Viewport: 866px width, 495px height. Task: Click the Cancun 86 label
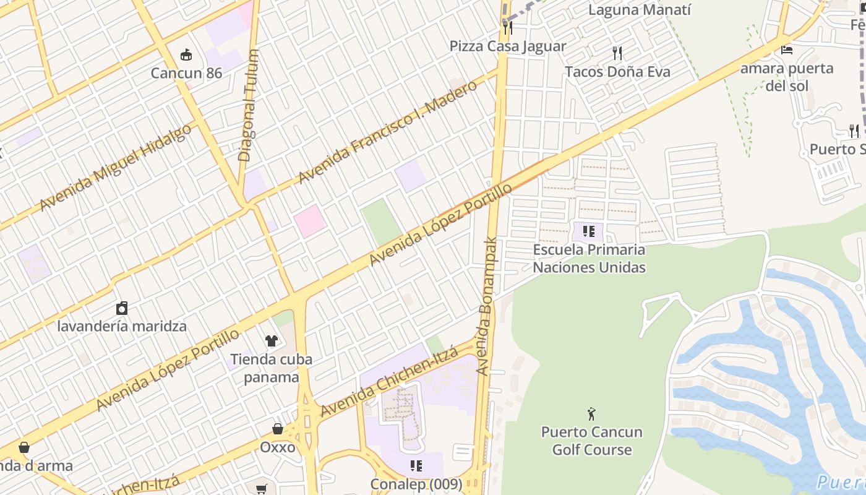click(186, 73)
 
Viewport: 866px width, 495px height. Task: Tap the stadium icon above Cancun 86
click(186, 55)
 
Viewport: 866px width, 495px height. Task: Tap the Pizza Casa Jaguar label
click(507, 46)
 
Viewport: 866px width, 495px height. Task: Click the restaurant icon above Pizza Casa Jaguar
click(507, 27)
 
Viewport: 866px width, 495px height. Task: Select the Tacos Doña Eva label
click(617, 72)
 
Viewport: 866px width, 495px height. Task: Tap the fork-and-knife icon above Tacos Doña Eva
click(617, 53)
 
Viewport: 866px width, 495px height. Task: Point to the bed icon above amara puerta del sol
click(787, 49)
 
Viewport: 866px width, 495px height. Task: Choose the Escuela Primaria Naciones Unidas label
click(589, 259)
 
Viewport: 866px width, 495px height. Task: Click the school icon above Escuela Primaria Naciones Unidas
click(589, 232)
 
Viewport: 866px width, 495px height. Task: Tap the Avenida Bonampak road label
click(488, 306)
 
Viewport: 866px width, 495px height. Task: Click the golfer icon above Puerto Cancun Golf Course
click(592, 413)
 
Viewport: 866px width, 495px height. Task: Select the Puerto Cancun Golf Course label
click(592, 441)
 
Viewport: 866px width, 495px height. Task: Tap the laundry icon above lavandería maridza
click(122, 308)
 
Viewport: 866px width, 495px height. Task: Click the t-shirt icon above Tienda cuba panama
click(272, 340)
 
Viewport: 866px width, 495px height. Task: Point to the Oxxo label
click(278, 447)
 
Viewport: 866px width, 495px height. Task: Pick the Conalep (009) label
click(416, 484)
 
